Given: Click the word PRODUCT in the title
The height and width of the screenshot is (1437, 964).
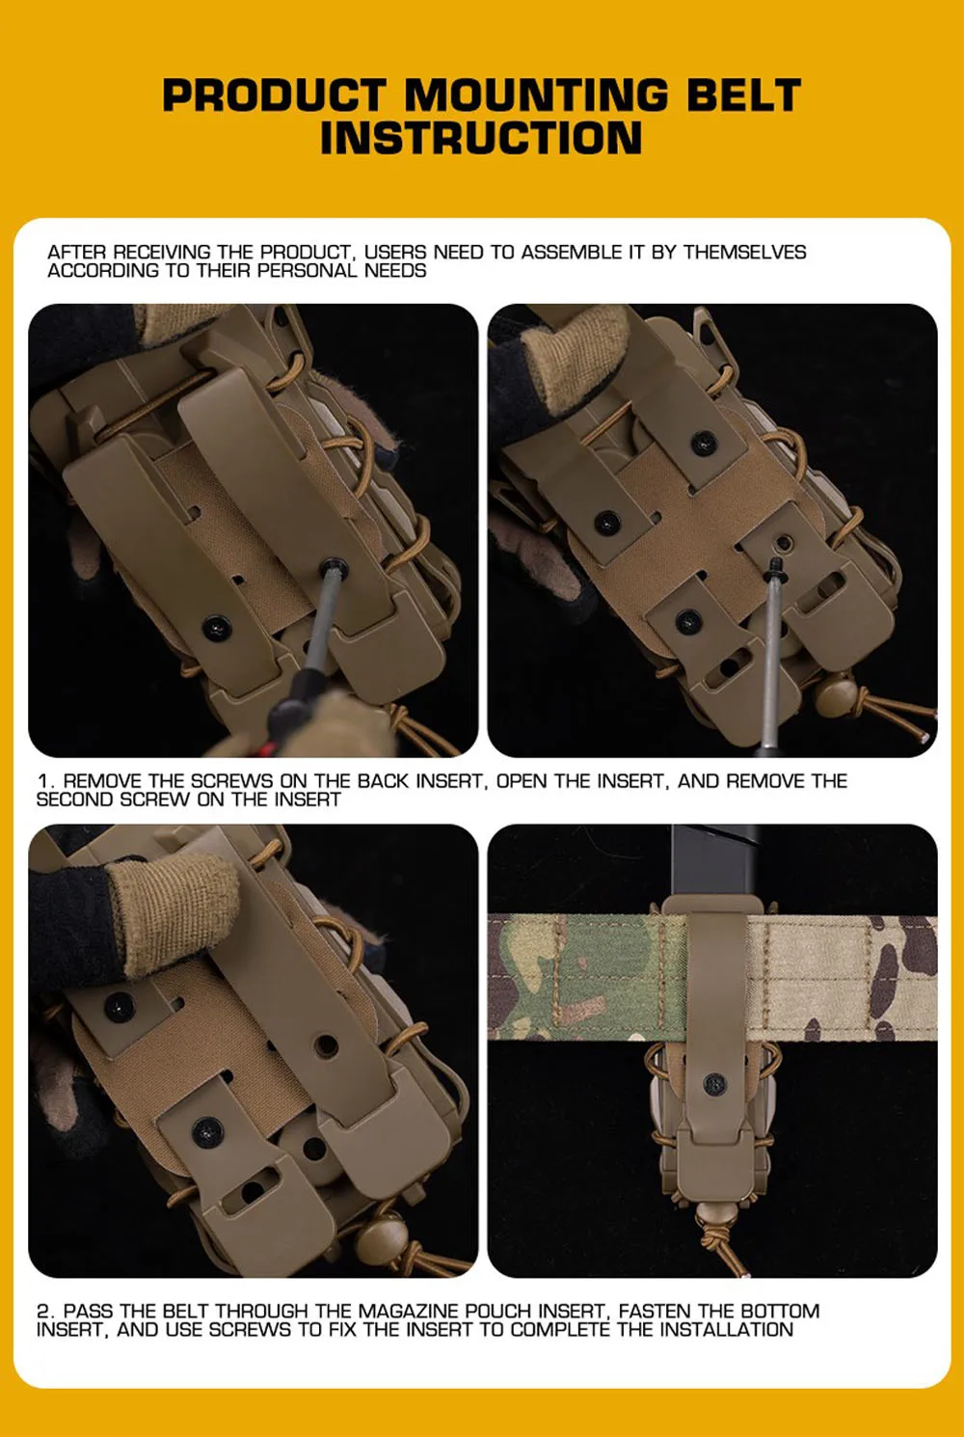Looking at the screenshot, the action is [274, 95].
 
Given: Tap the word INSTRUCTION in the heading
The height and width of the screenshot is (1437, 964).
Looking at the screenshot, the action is [481, 138].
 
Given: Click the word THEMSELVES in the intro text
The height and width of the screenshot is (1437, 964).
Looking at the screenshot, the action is [744, 252].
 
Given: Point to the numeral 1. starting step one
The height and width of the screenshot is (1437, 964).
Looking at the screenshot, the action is [45, 781].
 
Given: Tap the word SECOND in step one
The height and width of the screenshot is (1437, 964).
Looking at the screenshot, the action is [75, 800].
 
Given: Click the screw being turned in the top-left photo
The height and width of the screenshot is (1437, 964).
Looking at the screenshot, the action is [335, 568].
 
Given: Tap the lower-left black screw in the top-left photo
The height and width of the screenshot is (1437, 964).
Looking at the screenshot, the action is [218, 628].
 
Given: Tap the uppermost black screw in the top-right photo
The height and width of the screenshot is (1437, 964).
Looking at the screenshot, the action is [704, 442].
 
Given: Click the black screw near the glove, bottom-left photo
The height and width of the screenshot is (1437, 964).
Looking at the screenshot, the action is [120, 1007].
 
